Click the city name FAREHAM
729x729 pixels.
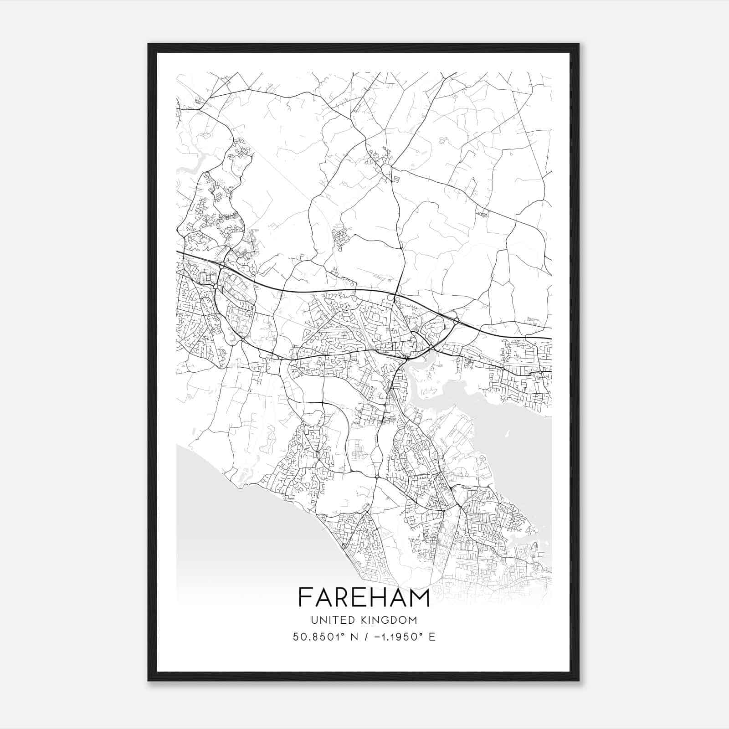[x=364, y=597]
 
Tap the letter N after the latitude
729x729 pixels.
[x=354, y=637]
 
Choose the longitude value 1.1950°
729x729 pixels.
[x=401, y=637]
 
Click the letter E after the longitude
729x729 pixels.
[x=432, y=637]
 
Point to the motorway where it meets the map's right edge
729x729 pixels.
[x=549, y=339]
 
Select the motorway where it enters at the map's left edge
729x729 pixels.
[x=179, y=252]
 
